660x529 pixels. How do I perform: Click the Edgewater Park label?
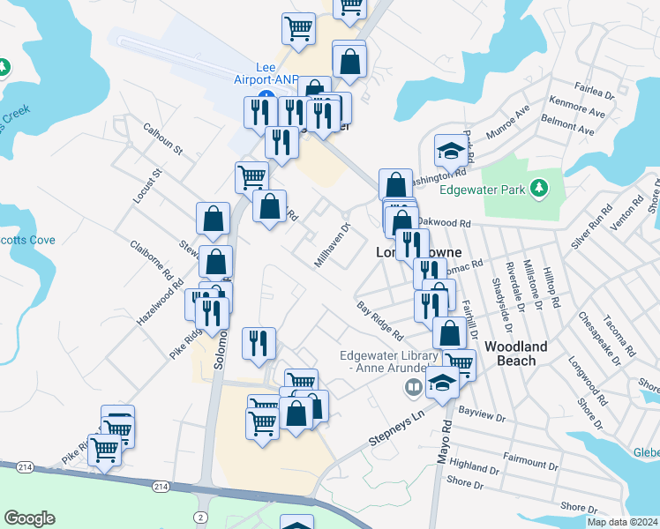point(480,188)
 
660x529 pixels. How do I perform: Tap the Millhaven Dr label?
point(334,245)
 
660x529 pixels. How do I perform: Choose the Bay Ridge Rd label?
point(380,322)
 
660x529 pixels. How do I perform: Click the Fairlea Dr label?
point(593,92)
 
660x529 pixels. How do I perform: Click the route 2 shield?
point(201,516)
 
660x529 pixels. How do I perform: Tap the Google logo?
point(29,518)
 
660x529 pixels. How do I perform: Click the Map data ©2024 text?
point(621,522)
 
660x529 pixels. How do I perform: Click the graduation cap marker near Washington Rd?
point(450,151)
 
